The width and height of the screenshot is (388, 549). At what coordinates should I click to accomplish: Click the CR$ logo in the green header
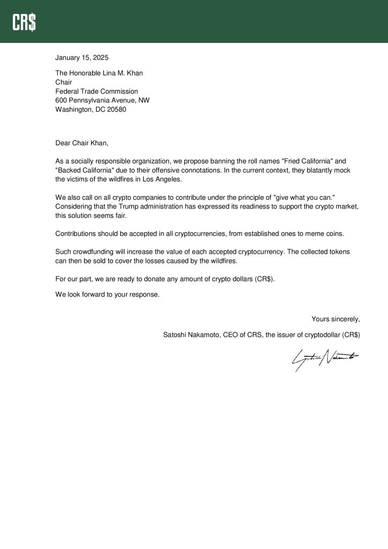click(x=25, y=22)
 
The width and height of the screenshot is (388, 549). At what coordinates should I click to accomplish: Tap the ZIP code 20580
click(x=116, y=109)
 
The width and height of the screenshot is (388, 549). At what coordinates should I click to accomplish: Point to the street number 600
click(x=61, y=100)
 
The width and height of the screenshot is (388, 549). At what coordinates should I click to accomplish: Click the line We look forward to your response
click(x=107, y=294)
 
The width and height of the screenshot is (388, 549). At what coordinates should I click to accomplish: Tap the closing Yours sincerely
click(x=335, y=319)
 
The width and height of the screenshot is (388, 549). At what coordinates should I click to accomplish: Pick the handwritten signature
click(x=324, y=359)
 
